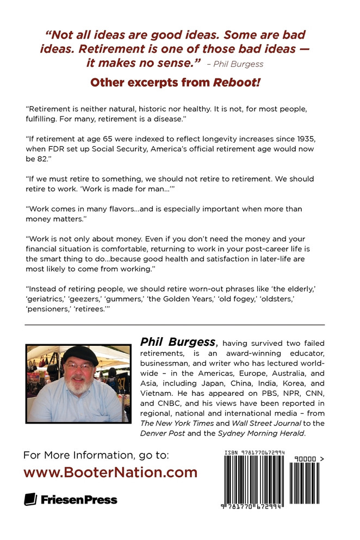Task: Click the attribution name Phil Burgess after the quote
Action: pos(239,64)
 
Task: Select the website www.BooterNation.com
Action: pos(110,472)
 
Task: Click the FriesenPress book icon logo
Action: pos(30,499)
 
